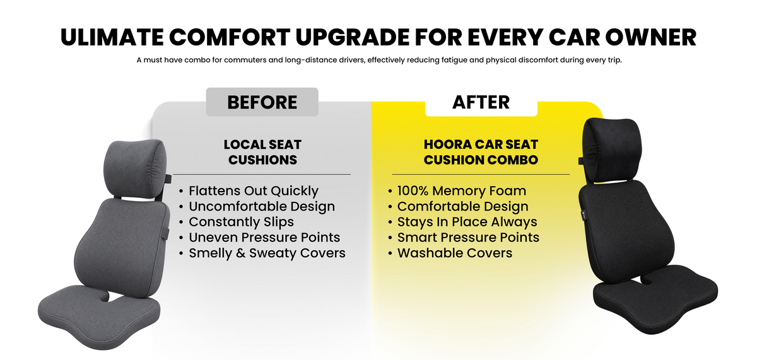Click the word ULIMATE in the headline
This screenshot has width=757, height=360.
click(112, 37)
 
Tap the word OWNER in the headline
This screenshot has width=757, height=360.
click(650, 37)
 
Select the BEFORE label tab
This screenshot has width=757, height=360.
click(262, 102)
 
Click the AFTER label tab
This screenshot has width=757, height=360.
click(481, 102)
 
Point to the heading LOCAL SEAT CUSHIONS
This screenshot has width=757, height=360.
click(262, 152)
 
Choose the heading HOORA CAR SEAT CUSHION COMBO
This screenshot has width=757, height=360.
click(481, 152)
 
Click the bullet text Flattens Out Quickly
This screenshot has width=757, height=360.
click(254, 191)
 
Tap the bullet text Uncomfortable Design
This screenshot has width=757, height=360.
click(262, 206)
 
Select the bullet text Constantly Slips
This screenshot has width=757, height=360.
click(241, 222)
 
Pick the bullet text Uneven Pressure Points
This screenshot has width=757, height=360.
click(264, 238)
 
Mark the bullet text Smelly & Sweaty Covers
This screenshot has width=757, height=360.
click(267, 253)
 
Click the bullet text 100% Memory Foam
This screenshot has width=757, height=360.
click(462, 191)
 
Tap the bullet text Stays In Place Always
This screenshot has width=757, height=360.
click(467, 222)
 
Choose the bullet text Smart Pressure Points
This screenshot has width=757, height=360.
click(468, 238)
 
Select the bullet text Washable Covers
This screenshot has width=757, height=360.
click(455, 253)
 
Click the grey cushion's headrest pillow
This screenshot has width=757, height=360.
click(135, 168)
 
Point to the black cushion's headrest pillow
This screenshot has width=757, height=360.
click(612, 149)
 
